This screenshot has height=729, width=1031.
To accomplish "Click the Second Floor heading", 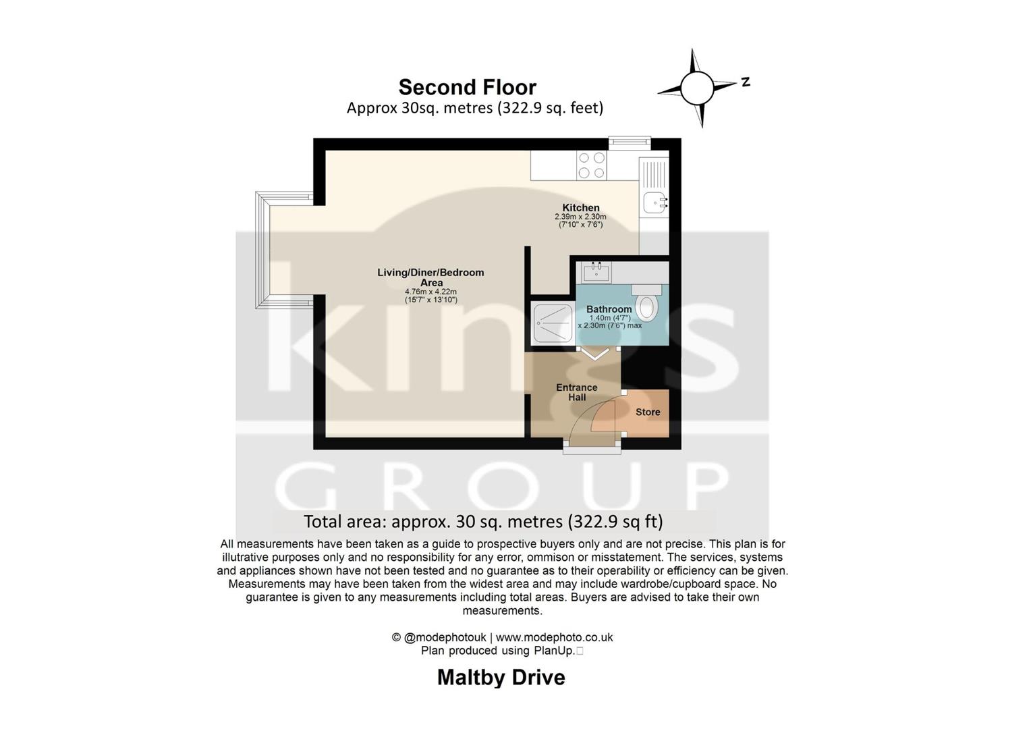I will tap(467, 87).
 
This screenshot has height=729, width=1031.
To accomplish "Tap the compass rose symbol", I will tap(697, 88).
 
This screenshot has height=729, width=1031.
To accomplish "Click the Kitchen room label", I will tap(581, 208).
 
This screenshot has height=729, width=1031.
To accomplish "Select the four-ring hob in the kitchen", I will tap(591, 165).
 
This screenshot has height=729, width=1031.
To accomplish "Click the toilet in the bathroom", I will tap(647, 304).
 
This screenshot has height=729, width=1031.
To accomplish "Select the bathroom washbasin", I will tap(596, 272).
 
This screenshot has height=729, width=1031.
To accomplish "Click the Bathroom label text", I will tap(609, 309).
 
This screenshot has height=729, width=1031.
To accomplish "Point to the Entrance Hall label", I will tap(576, 392).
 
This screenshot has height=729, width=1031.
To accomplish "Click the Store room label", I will tap(648, 412).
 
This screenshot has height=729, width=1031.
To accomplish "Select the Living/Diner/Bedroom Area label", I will tap(430, 277).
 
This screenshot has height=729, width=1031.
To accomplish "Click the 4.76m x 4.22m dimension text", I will tap(430, 292).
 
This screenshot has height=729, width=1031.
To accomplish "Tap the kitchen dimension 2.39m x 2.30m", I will tap(580, 217).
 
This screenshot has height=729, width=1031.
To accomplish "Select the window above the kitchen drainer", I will tap(630, 142).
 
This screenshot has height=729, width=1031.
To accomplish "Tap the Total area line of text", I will tap(483, 521).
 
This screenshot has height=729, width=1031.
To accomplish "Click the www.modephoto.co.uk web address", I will tap(554, 637).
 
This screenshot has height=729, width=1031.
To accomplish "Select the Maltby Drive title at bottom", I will tap(501, 677).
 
